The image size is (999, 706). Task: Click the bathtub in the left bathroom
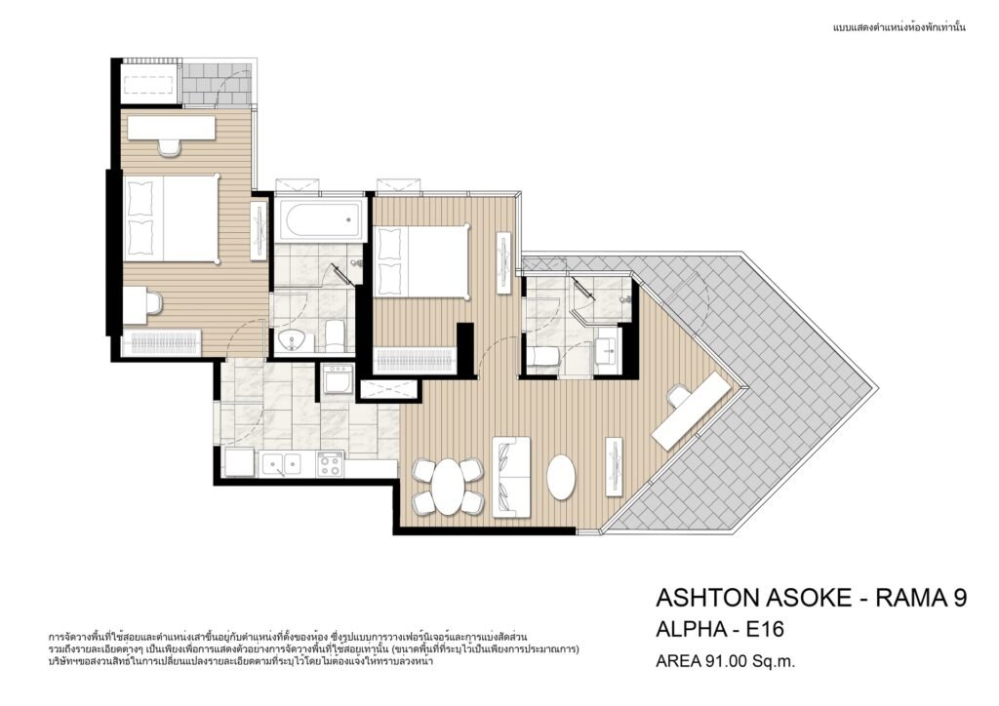pyautogui.click(x=321, y=219)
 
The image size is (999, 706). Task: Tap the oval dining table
pyautogui.click(x=448, y=487)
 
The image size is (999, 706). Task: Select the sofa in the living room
pyautogui.click(x=511, y=476)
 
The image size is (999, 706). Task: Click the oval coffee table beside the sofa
pyautogui.click(x=561, y=477)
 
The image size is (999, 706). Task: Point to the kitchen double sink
pyautogui.click(x=281, y=463)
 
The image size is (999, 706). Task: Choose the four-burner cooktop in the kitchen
pyautogui.click(x=330, y=464)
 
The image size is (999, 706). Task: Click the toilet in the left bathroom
pyautogui.click(x=335, y=335)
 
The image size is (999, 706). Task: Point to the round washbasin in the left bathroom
pyautogui.click(x=293, y=340)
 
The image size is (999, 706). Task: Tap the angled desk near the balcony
pyautogui.click(x=691, y=412)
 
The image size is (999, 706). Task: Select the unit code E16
pyautogui.click(x=765, y=630)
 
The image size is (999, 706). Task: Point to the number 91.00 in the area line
pyautogui.click(x=725, y=661)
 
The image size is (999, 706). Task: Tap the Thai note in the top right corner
pyautogui.click(x=899, y=27)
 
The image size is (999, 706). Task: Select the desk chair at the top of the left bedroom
pyautogui.click(x=170, y=146)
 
